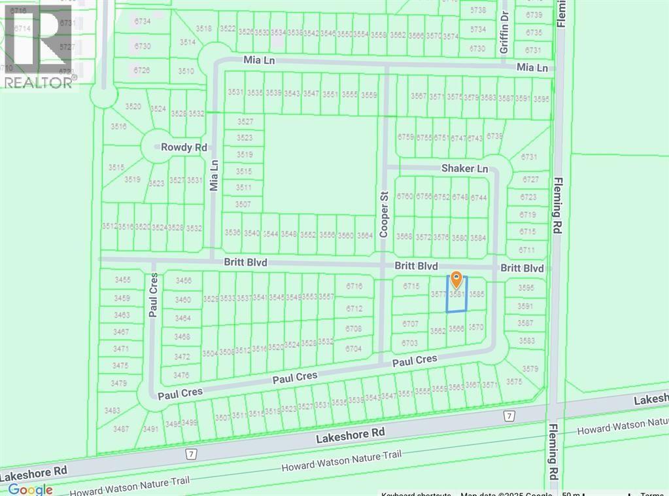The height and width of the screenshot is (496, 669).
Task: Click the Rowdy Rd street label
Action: [185, 147]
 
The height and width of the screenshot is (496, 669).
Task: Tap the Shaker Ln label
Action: [465, 168]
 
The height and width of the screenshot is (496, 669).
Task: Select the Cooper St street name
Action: [384, 214]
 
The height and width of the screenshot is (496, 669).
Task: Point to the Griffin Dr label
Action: [504, 38]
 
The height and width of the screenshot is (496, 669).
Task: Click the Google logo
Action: [30, 489]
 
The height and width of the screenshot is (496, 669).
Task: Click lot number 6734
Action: [143, 22]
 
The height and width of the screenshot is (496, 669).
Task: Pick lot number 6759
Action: [406, 137]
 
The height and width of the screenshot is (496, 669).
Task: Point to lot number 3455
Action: [122, 280]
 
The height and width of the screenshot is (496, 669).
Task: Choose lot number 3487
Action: [121, 429]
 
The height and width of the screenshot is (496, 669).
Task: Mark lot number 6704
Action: [354, 349]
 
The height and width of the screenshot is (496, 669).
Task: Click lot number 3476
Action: [182, 375]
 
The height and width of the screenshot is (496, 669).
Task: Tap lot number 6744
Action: [479, 197]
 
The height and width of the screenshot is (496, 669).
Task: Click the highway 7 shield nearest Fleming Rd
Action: [508, 416]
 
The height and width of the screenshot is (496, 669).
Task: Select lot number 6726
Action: [142, 70]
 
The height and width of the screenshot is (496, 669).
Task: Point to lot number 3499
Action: [189, 423]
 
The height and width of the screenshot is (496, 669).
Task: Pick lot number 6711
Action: [527, 250]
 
